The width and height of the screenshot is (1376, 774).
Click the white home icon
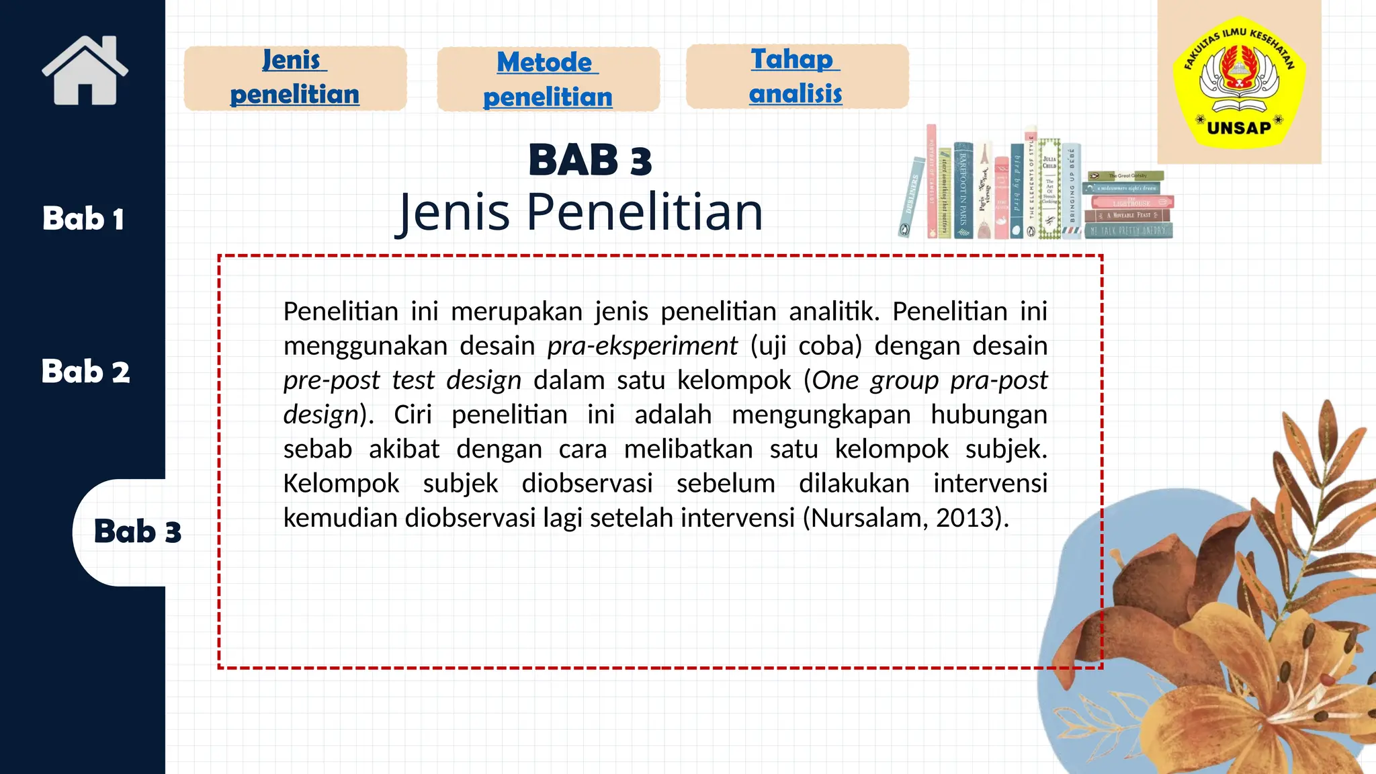(x=85, y=71)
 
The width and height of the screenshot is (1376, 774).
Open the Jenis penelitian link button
(x=295, y=78)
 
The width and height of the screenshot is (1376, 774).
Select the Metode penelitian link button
(x=548, y=79)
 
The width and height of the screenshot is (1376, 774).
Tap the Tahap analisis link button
(x=796, y=77)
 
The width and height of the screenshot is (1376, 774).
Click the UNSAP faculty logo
(x=1238, y=81)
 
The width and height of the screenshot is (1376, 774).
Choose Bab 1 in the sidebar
(x=83, y=219)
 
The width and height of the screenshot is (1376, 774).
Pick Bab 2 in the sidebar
(x=85, y=372)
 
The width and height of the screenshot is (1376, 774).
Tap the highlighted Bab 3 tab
(x=137, y=531)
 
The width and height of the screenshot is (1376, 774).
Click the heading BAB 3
(x=590, y=161)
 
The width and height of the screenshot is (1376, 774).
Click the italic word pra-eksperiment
(x=642, y=346)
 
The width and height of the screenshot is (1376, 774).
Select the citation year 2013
(x=966, y=518)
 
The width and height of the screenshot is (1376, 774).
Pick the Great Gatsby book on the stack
(x=1126, y=176)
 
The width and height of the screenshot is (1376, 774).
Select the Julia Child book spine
(x=1049, y=189)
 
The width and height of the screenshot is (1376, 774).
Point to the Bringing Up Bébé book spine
(x=1072, y=191)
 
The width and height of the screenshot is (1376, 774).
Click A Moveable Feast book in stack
(x=1127, y=216)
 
